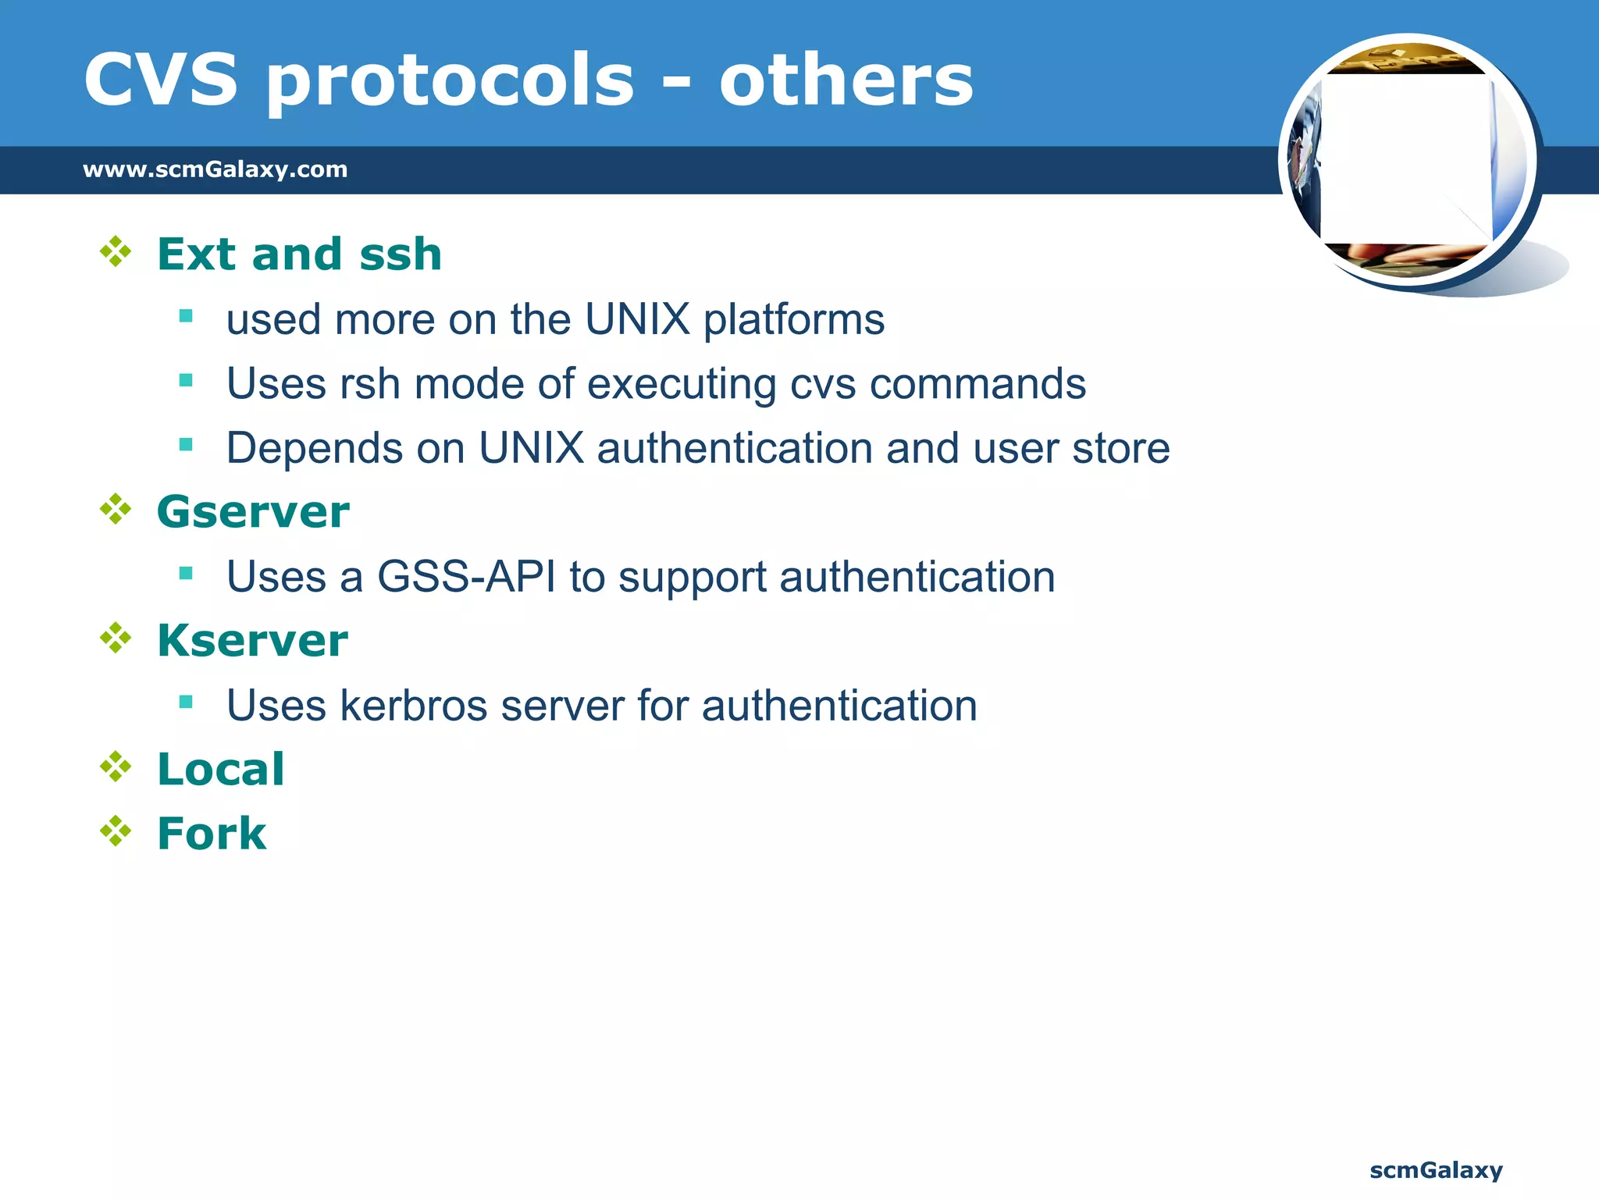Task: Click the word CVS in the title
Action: click(x=160, y=80)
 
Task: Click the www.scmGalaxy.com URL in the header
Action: click(x=215, y=169)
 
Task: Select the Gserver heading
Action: click(x=253, y=512)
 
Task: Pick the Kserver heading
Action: click(x=252, y=641)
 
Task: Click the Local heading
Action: click(x=221, y=770)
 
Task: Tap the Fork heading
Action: click(x=212, y=834)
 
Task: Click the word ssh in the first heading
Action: click(x=401, y=254)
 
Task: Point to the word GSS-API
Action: click(x=467, y=577)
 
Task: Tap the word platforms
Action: click(x=794, y=320)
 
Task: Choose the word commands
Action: click(x=978, y=384)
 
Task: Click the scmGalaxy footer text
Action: click(x=1436, y=1170)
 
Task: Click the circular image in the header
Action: click(x=1408, y=160)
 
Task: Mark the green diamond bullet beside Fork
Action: click(x=116, y=831)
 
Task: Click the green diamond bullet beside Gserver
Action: click(x=116, y=510)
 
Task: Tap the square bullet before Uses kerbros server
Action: click(x=186, y=702)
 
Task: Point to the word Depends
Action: click(x=314, y=450)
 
